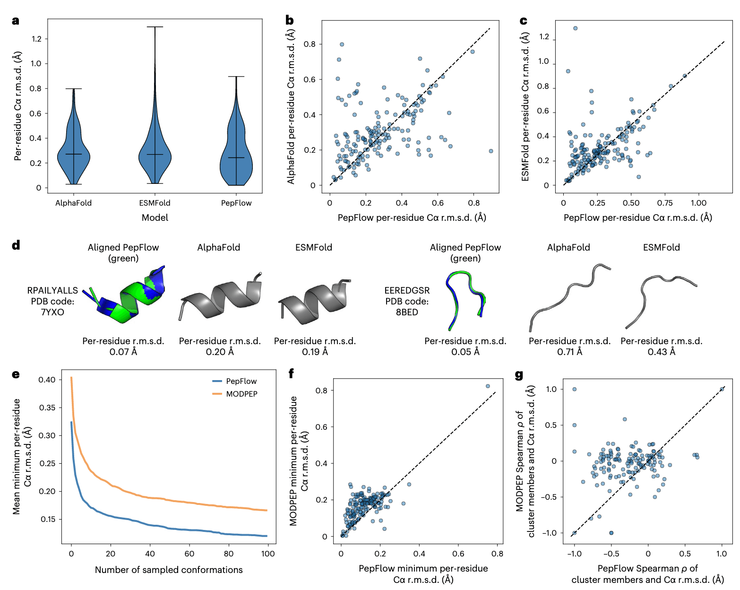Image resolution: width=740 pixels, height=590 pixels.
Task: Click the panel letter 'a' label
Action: coord(16,21)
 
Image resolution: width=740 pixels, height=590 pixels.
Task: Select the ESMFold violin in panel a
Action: coord(155,151)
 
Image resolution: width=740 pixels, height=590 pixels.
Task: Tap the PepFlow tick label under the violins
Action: coord(236,203)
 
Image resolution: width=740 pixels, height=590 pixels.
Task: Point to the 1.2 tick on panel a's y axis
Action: coord(36,39)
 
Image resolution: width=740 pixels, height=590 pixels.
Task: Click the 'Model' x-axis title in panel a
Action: coord(155,217)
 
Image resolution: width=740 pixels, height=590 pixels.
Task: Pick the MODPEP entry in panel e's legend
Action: coord(241,394)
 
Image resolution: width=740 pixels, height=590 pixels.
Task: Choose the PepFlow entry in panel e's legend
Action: coord(241,381)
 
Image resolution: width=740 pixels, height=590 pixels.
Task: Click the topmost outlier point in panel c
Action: coord(575,28)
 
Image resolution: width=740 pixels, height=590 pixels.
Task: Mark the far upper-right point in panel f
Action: coord(488,386)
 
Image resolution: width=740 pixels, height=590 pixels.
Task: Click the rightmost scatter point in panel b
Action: coord(491,151)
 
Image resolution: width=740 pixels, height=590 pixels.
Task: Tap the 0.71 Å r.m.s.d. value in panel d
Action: coord(569,352)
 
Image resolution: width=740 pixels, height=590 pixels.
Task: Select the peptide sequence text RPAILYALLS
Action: coord(52,290)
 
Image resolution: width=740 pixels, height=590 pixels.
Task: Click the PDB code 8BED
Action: coord(407,312)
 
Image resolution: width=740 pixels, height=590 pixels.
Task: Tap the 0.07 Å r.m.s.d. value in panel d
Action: coord(123,352)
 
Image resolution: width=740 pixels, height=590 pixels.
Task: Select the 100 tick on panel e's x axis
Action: coord(267,554)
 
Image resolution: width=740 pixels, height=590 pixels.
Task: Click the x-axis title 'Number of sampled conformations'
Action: coord(169,570)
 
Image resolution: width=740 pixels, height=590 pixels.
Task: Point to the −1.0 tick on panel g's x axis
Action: coord(574,554)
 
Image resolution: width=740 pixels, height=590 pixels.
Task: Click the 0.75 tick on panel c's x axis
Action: coord(665,203)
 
